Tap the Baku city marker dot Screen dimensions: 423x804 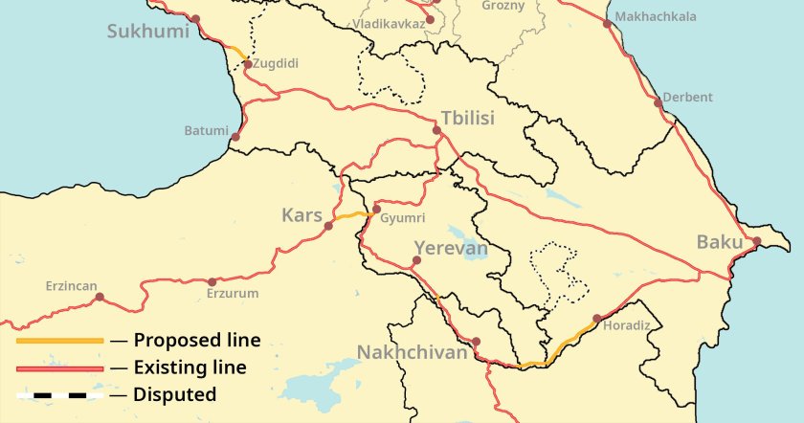756,241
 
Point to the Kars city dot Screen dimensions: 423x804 328,226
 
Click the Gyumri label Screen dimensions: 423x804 401,219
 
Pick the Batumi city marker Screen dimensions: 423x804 235,137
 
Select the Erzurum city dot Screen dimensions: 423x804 212,281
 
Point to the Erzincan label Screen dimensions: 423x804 72,285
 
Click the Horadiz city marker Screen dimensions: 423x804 596,319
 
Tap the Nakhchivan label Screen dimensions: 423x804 413,353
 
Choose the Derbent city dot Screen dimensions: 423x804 658,101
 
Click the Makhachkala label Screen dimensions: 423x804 656,17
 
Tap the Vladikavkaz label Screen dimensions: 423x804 388,22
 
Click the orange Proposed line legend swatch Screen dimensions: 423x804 59,340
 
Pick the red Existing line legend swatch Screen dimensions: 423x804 59,367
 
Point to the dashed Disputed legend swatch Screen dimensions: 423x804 59,394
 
